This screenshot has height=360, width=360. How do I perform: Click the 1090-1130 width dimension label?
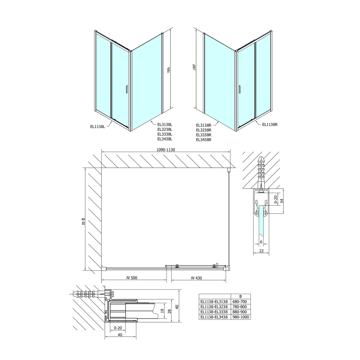tap(166, 149)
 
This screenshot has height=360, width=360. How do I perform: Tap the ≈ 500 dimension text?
tap(131, 278)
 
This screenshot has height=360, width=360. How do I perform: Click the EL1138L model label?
tap(98, 127)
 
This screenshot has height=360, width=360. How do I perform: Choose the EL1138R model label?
tap(270, 124)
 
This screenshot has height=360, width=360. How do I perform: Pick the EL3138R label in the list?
tap(204, 125)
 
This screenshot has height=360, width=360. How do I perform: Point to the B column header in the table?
tap(240, 296)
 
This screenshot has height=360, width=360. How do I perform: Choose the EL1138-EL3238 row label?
tap(214, 307)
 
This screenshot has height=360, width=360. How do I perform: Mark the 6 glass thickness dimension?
tap(261, 242)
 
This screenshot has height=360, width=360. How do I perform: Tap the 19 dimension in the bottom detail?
tap(162, 310)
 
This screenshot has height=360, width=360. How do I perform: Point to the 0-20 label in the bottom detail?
tap(117, 328)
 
